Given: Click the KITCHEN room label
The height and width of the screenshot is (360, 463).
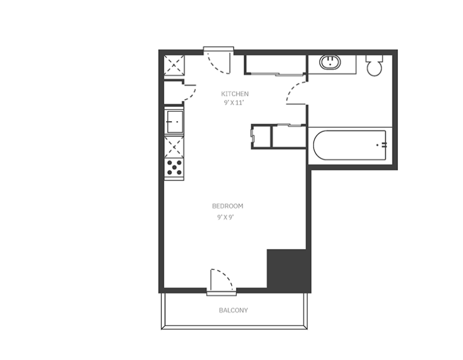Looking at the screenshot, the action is click(x=235, y=94).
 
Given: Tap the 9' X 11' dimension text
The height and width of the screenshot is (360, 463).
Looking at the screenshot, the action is click(x=234, y=103).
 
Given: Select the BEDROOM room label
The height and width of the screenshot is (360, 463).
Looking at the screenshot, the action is click(x=228, y=206).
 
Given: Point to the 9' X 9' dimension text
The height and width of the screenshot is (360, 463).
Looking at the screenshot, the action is click(x=226, y=217).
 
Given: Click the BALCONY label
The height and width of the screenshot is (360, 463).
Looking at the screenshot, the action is click(x=233, y=310).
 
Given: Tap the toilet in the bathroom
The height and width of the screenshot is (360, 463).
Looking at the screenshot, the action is click(x=375, y=65).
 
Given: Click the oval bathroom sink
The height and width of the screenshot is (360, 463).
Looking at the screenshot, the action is click(x=330, y=62).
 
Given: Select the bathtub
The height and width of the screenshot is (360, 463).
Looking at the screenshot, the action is click(x=349, y=145).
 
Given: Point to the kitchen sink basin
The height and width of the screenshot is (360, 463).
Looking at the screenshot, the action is click(x=174, y=122).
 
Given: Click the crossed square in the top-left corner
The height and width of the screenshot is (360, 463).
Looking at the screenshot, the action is click(x=174, y=65).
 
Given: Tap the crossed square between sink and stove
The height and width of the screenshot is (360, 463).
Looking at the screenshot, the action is click(x=174, y=147).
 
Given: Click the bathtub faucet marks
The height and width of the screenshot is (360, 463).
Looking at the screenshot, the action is click(x=382, y=145).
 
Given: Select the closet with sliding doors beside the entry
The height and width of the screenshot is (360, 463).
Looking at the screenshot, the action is click(x=275, y=64).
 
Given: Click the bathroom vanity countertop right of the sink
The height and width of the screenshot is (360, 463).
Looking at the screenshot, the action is click(x=348, y=64).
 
